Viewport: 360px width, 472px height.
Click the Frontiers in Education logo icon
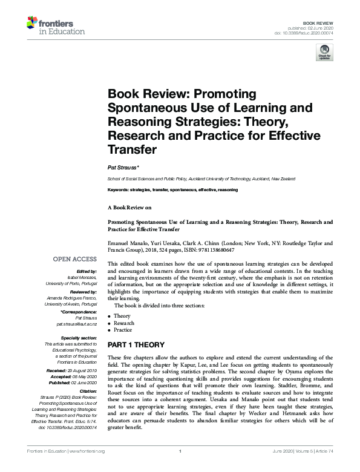(33, 24)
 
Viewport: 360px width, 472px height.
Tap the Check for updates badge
(324, 54)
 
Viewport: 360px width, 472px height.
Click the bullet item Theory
(122, 316)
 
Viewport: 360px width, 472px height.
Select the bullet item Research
(124, 323)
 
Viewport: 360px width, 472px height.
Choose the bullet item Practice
(123, 330)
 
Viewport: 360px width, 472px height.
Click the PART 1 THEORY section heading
(137, 344)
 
